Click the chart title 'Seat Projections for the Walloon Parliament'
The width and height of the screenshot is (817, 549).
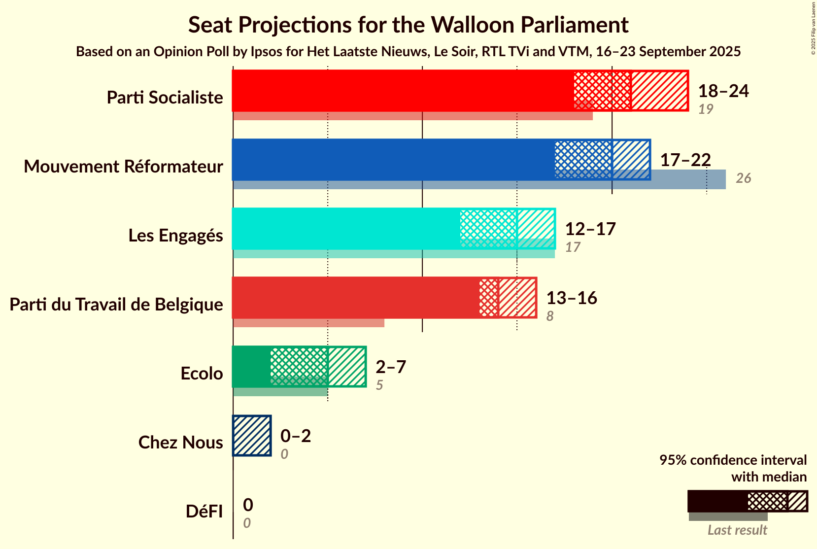pos(408,25)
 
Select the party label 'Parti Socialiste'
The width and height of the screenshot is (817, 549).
pos(165,98)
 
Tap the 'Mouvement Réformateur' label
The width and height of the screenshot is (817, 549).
pos(123,167)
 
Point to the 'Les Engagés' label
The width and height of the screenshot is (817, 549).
pos(175,236)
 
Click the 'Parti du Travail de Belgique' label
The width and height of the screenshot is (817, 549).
pos(116,305)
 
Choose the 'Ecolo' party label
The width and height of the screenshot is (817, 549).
pos(202,374)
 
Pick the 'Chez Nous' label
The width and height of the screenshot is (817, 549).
pos(180,443)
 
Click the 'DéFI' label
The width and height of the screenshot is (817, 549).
pos(204,512)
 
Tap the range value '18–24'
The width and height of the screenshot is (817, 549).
pos(723,91)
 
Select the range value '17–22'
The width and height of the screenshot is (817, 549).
pos(685,160)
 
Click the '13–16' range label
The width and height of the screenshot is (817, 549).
pos(571,298)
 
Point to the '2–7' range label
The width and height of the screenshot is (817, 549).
pos(390,367)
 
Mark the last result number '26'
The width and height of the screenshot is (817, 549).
pos(743,178)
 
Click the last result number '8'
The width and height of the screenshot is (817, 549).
pos(550,316)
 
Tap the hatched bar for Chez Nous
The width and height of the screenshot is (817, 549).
pos(252,436)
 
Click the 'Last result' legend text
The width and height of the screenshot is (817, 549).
pos(737,530)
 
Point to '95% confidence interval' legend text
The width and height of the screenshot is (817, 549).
pos(733,460)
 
